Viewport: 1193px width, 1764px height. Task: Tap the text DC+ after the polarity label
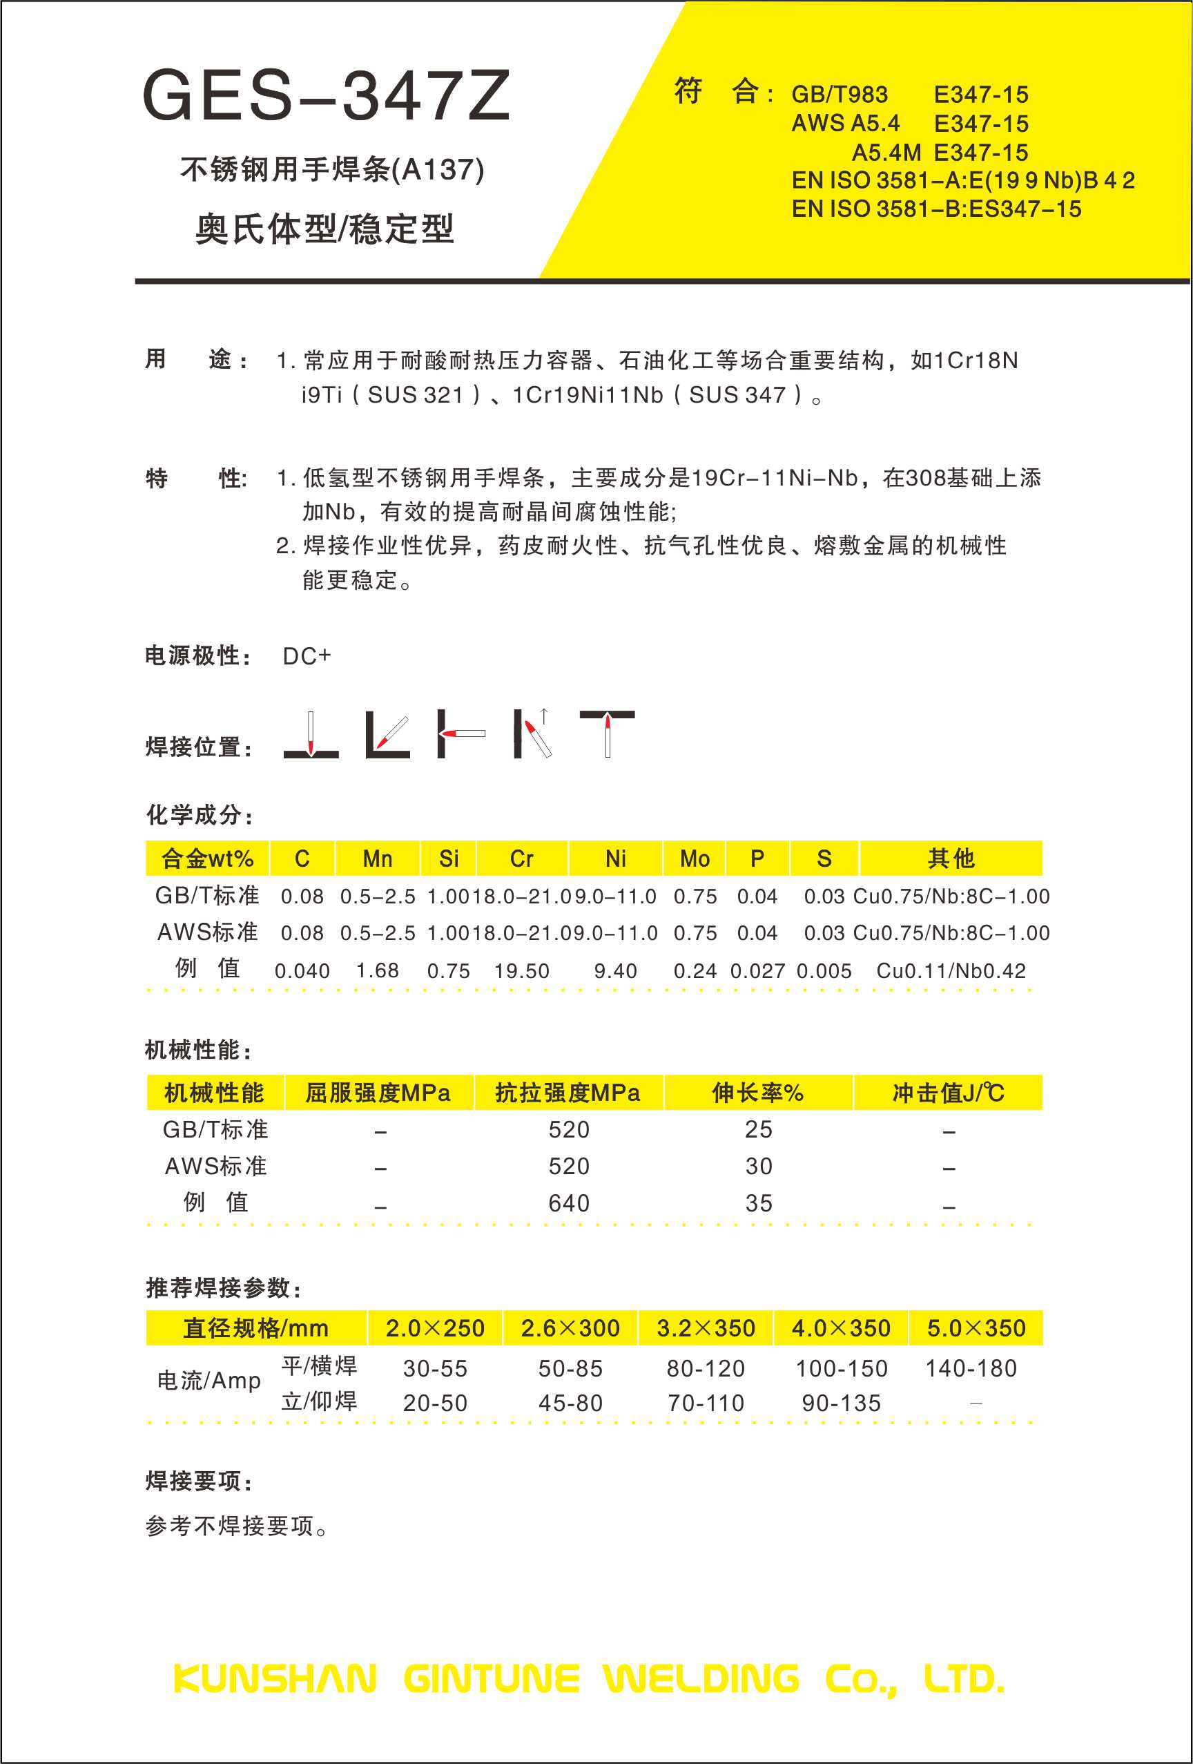307,656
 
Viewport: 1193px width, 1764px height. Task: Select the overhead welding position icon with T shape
607,734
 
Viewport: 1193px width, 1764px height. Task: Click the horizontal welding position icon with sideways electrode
460,734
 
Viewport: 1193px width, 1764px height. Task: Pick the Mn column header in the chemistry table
377,859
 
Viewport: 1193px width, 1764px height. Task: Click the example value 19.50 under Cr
521,971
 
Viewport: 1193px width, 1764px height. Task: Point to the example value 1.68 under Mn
377,971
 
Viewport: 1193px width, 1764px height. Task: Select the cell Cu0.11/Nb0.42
951,971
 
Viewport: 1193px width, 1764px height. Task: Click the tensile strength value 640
568,1203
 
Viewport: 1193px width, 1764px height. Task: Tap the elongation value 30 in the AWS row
758,1167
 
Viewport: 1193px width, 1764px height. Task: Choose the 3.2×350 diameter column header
706,1328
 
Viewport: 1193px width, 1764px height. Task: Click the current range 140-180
971,1368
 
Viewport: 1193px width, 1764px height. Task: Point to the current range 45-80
571,1403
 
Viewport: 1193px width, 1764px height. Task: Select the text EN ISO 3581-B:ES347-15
936,209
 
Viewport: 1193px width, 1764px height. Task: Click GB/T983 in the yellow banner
840,94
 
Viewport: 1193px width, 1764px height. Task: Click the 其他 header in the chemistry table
951,859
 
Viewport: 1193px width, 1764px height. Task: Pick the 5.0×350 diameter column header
976,1328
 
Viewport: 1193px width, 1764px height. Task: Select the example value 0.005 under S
824,971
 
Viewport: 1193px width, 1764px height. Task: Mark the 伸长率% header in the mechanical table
757,1093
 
